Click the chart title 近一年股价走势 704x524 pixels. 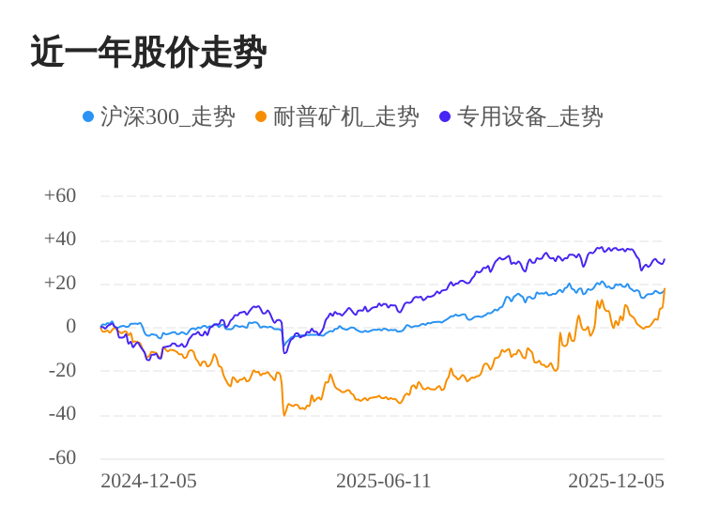148,53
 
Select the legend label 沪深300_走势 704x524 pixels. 167,116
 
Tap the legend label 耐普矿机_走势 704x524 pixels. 345,116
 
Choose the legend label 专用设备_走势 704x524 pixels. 529,116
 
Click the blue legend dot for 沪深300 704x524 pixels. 88,116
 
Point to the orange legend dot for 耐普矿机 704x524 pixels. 261,116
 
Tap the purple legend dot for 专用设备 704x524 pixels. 445,116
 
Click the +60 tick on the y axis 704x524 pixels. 60,195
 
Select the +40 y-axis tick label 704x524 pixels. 60,239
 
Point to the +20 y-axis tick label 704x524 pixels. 60,283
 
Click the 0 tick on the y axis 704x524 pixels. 70,326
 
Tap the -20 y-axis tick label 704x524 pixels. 63,370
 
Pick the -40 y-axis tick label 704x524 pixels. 63,413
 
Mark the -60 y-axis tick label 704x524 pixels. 63,457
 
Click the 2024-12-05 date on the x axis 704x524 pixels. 148,481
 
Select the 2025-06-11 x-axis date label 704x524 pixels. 383,481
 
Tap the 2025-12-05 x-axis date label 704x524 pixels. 616,481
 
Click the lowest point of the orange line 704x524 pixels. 284,415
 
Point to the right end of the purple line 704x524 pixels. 664,260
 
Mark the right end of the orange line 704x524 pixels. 664,289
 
